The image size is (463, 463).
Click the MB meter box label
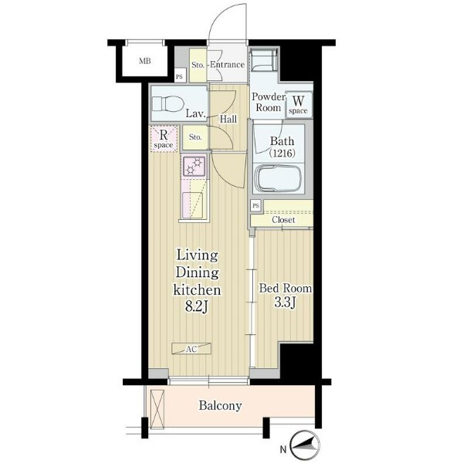pyautogui.click(x=145, y=61)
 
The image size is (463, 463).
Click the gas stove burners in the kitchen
pyautogui.click(x=194, y=167)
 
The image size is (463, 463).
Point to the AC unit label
pyautogui.click(x=191, y=349)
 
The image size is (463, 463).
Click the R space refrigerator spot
pyautogui.click(x=164, y=139)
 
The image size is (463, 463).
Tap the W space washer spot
pyautogui.click(x=298, y=104)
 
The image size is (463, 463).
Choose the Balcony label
pyautogui.click(x=220, y=406)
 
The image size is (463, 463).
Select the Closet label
pyautogui.click(x=283, y=220)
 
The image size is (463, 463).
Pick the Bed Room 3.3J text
pyautogui.click(x=286, y=296)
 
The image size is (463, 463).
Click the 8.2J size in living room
pyautogui.click(x=197, y=307)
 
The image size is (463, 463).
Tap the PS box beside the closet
pyautogui.click(x=256, y=205)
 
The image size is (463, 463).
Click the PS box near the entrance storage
pyautogui.click(x=180, y=76)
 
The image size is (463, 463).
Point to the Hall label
pyautogui.click(x=228, y=120)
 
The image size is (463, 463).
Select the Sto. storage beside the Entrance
pyautogui.click(x=198, y=65)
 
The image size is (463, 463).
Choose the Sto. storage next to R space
pyautogui.click(x=195, y=137)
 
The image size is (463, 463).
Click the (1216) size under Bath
pyautogui.click(x=282, y=154)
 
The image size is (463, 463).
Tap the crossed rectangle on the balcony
pyautogui.click(x=157, y=409)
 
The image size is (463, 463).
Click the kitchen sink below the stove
pyautogui.click(x=193, y=205)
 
